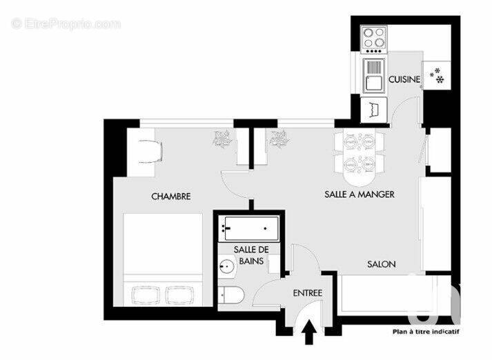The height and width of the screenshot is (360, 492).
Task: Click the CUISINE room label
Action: (404, 80)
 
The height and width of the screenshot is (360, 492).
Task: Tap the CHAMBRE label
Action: (170, 197)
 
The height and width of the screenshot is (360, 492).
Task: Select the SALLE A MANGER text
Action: (359, 194)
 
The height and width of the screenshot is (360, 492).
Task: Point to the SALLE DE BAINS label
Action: (246, 254)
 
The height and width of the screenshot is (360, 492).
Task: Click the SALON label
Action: (380, 264)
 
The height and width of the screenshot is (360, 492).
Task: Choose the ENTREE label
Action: (308, 293)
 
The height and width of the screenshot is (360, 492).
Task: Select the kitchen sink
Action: (373, 75)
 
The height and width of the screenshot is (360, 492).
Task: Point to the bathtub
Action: (247, 227)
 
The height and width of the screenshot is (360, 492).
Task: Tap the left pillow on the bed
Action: (144, 294)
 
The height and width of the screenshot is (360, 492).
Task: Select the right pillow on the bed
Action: (181, 294)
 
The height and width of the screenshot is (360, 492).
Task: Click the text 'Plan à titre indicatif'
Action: (426, 331)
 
